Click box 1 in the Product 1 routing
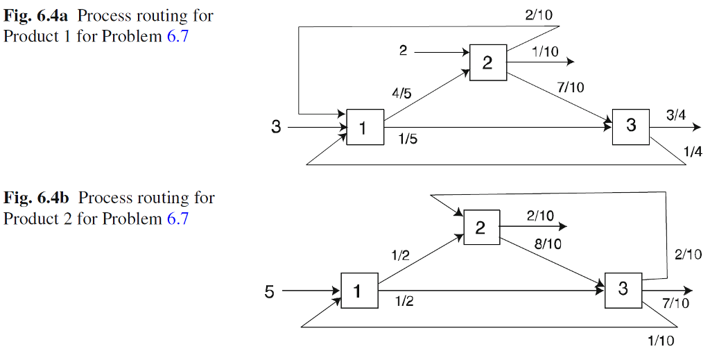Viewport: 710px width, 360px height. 365,127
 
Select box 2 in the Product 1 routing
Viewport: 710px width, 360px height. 487,63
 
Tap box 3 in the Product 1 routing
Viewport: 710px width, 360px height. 631,126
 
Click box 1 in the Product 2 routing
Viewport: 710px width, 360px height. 358,291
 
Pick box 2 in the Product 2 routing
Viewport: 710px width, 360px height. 480,228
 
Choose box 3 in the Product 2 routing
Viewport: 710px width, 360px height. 623,289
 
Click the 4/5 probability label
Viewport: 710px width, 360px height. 401,93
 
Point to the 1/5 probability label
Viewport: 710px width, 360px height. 408,140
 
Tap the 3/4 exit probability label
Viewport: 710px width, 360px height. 676,116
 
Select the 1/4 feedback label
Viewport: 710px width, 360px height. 692,152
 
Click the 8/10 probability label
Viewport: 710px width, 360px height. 548,243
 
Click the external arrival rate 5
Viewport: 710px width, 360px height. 269,292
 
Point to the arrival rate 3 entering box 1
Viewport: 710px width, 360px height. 276,127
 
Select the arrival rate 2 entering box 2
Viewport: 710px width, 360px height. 403,51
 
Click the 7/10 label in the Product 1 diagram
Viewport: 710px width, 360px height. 571,87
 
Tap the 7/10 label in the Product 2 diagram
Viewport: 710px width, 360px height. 675,303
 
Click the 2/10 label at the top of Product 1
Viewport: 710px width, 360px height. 539,14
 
